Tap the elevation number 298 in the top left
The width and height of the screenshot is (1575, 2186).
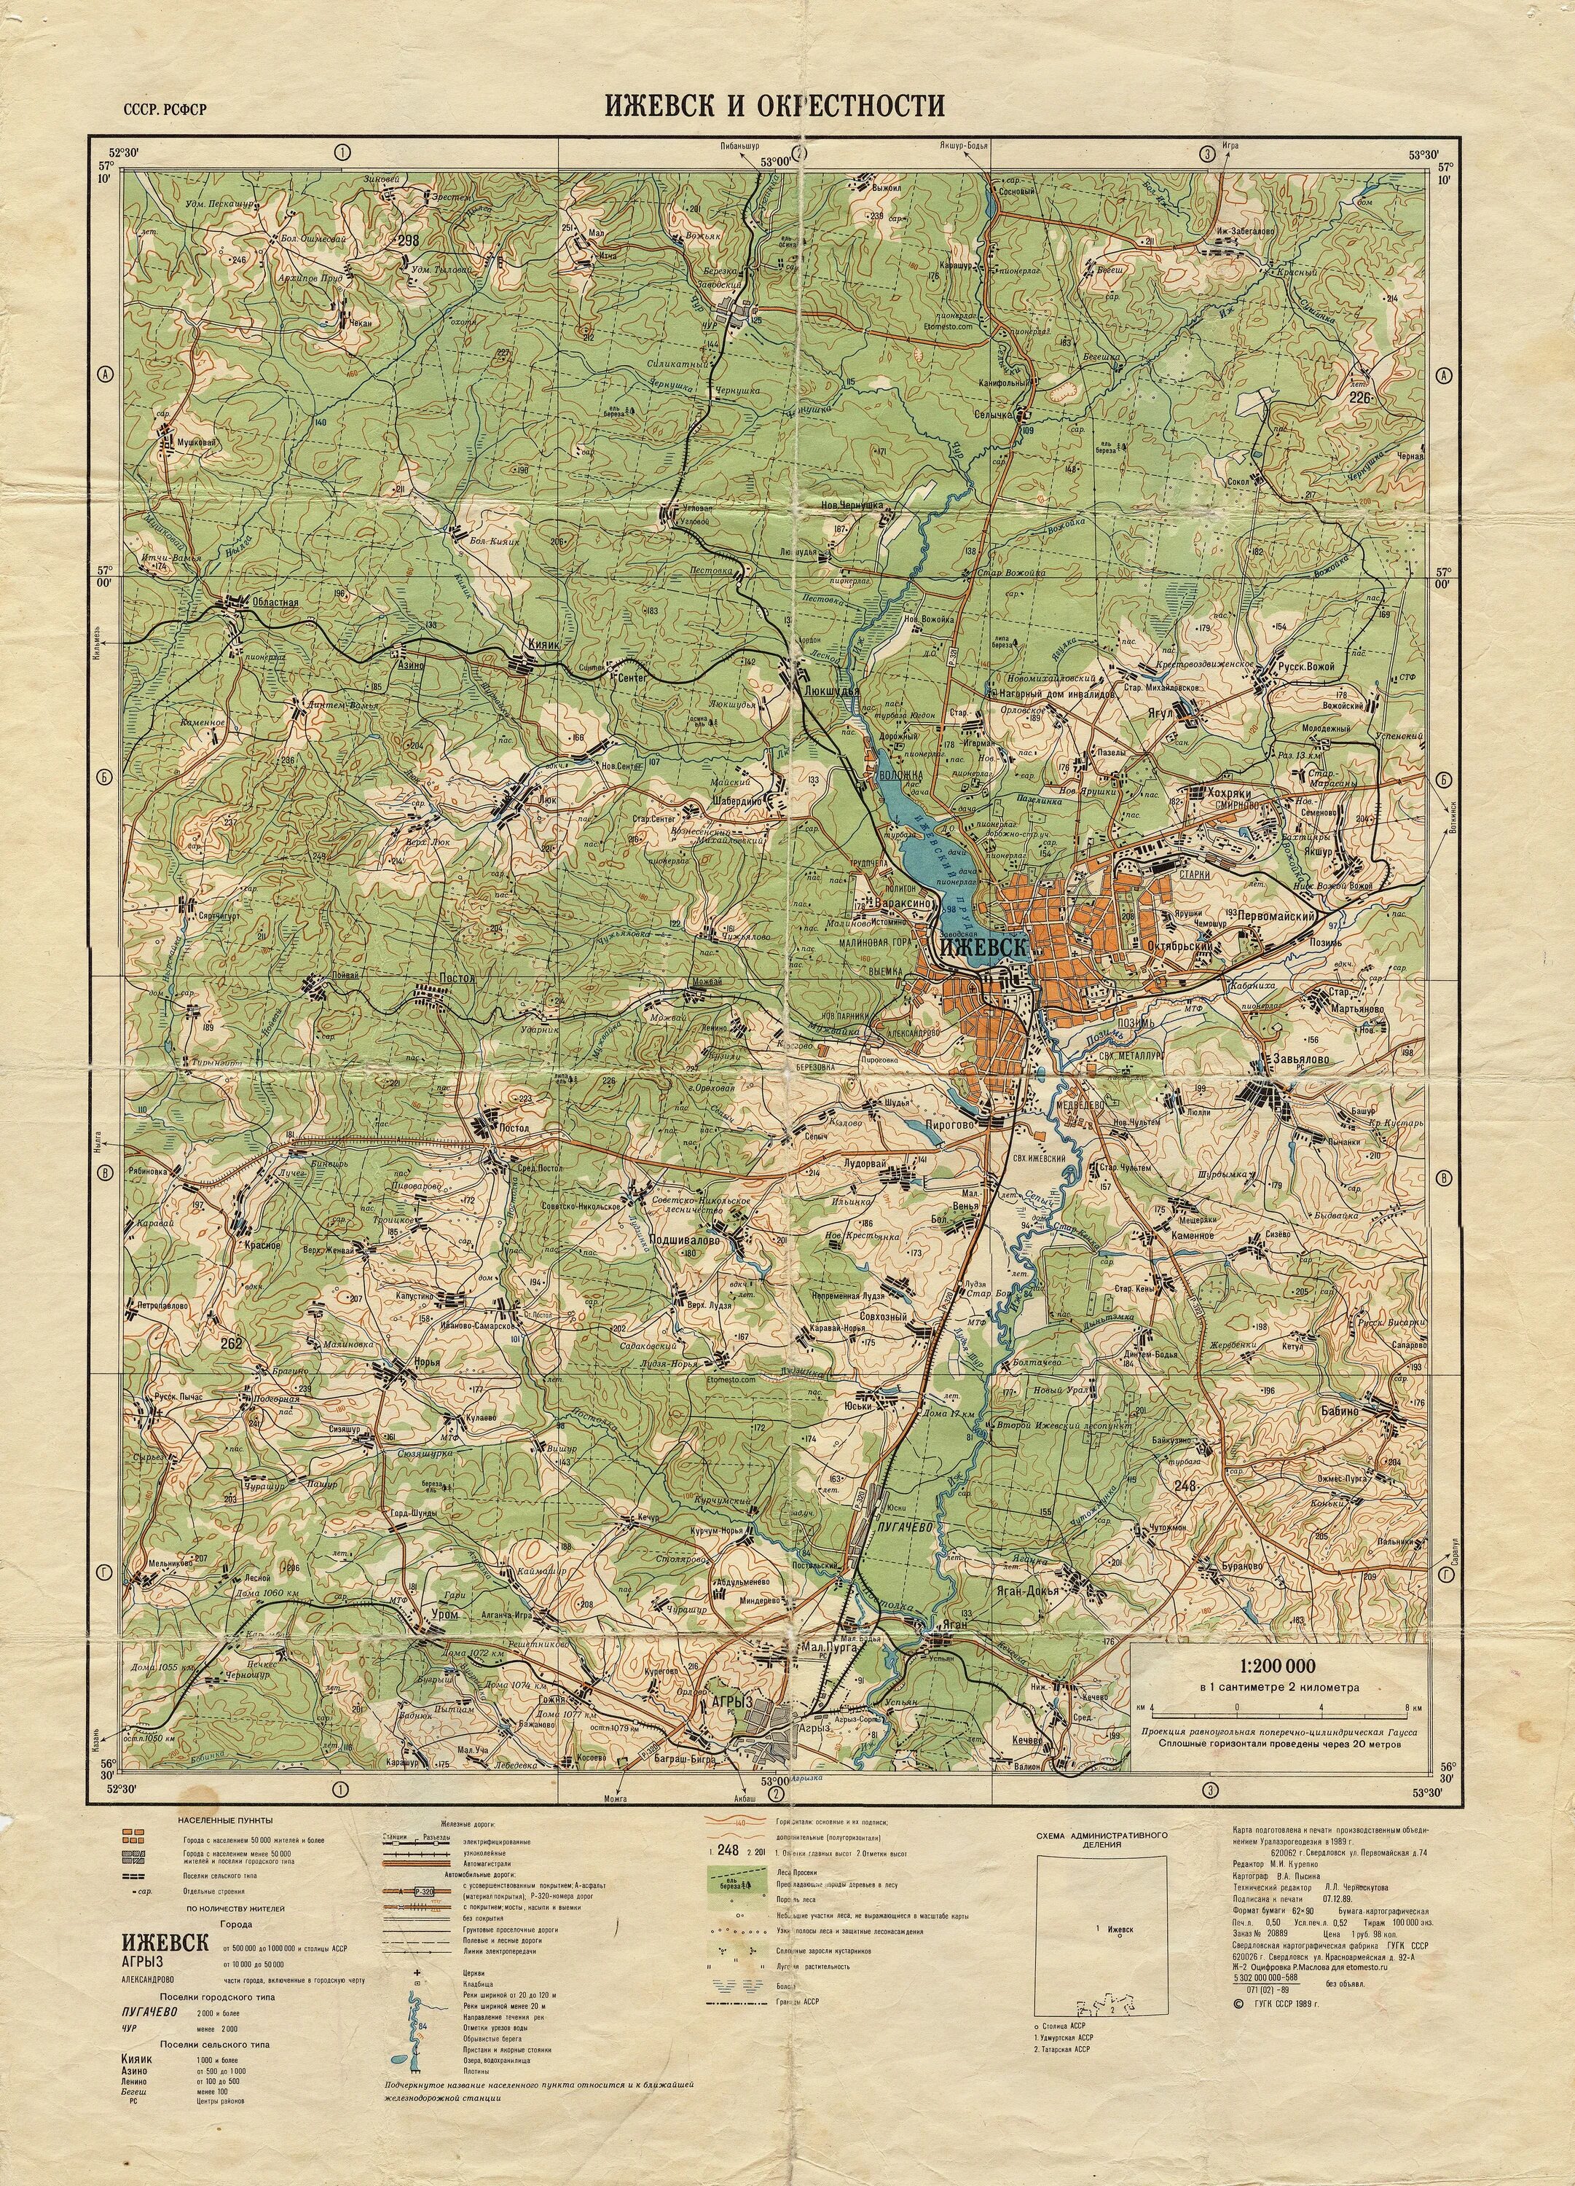pyautogui.click(x=408, y=241)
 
